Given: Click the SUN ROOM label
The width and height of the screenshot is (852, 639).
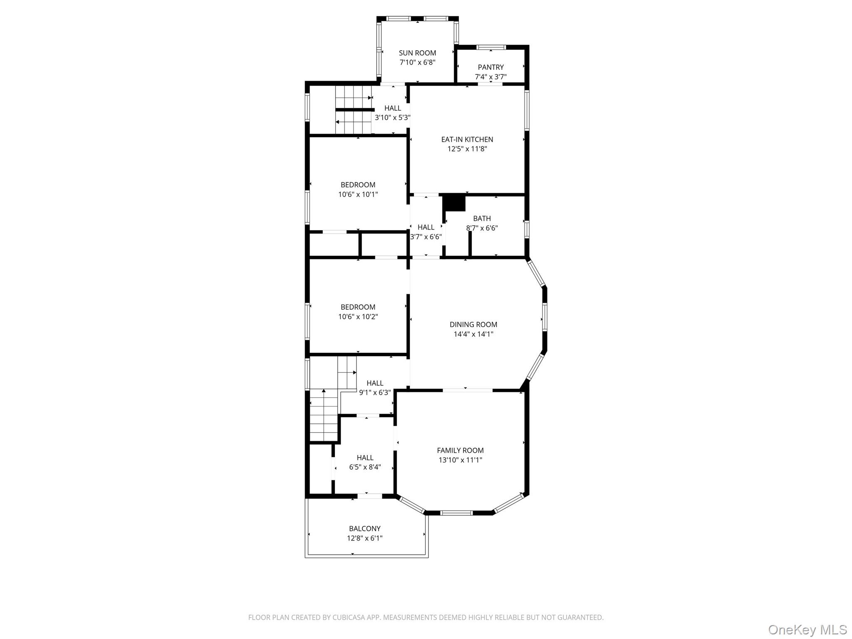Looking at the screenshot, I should point(417,53).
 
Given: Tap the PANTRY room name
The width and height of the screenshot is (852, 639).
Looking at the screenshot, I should point(490,67).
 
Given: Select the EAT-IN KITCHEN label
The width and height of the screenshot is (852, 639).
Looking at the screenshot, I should point(467,139).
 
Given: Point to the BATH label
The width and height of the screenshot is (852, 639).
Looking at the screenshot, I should point(482,218).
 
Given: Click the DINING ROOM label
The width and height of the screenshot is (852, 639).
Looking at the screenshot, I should point(473,324).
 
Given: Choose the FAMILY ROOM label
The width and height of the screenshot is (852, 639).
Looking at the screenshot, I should point(460,450).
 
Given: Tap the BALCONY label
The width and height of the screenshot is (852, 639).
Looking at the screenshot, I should point(364,528).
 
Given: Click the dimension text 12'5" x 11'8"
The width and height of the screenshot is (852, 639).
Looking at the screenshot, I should point(467,149).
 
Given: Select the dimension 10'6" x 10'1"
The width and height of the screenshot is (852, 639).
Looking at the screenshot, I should point(358,194).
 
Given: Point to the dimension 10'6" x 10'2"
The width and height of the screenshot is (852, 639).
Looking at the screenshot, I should point(358,317).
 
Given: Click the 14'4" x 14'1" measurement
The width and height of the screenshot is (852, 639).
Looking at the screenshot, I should point(473,334).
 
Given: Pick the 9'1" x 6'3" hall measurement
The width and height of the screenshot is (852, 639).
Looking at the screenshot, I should point(375,392).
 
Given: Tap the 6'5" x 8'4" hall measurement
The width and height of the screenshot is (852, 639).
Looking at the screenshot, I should point(365,467).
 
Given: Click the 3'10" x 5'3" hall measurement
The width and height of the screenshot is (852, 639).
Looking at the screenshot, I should point(392,118).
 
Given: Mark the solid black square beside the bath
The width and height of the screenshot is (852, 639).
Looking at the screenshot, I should point(454,203).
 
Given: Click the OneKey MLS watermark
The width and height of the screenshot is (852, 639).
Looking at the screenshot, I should point(807,629).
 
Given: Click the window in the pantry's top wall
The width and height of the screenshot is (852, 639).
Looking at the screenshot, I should point(491,47).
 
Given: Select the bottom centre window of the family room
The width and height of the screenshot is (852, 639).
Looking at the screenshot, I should point(456,513).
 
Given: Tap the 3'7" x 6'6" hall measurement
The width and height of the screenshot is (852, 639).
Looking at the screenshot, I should point(426,237).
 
